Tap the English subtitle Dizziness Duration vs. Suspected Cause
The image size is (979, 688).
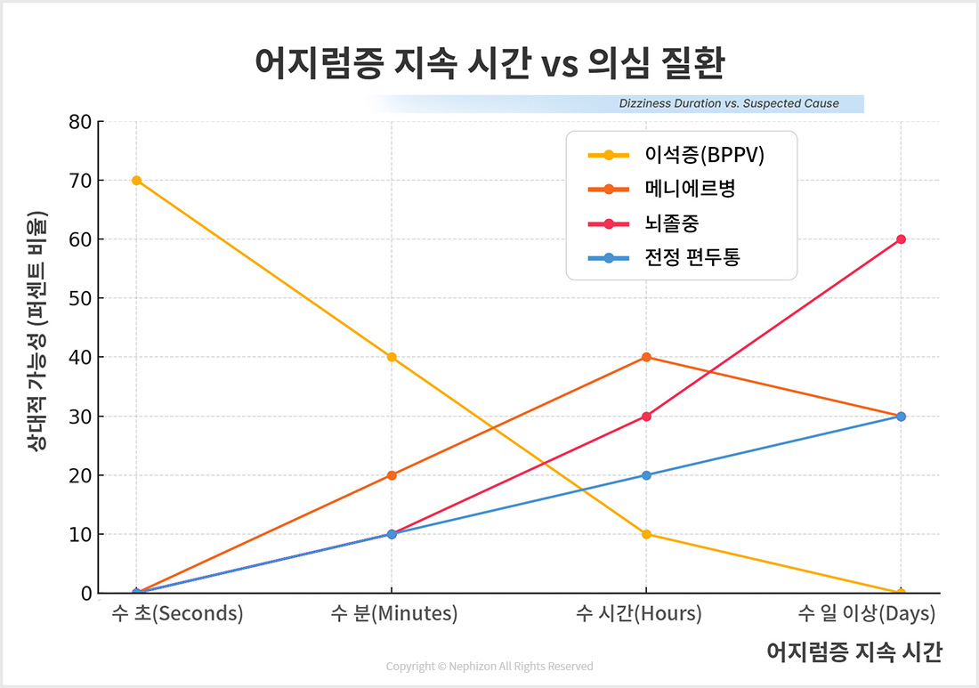click(x=728, y=103)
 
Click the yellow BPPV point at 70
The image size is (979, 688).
click(x=136, y=181)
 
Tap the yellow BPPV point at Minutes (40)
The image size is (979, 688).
click(x=392, y=357)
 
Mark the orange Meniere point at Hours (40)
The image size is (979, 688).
click(x=646, y=357)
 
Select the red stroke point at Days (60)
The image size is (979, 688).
click(x=901, y=239)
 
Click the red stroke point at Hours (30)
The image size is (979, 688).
click(x=646, y=417)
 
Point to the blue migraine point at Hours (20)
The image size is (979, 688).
click(x=646, y=475)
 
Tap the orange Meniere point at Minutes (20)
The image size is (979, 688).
click(x=392, y=475)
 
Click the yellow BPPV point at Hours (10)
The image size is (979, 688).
click(x=646, y=534)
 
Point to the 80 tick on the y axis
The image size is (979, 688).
click(x=81, y=122)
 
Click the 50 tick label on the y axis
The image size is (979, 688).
click(x=81, y=298)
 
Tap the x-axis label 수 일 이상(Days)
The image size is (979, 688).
click(x=866, y=614)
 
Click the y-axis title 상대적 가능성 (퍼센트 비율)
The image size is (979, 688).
click(x=36, y=330)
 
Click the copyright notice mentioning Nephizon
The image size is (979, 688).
click(x=489, y=667)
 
